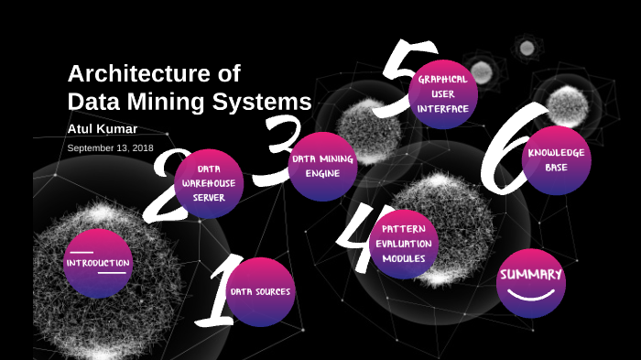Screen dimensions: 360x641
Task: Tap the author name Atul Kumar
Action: (103, 128)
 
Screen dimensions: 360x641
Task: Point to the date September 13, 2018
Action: (111, 147)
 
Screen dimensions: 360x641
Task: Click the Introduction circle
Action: (98, 263)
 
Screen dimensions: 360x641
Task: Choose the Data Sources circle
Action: (261, 291)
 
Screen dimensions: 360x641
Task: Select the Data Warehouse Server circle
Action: (209, 183)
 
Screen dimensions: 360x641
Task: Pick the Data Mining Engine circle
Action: (322, 166)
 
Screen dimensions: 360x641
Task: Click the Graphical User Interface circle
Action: (443, 93)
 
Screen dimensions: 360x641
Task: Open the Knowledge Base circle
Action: (557, 159)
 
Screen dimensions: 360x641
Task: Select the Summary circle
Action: (531, 282)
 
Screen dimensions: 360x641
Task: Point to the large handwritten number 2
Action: (164, 187)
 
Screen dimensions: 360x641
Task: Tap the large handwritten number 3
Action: (274, 151)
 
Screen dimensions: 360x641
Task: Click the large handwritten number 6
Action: (505, 151)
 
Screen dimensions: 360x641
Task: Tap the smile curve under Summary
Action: (531, 295)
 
